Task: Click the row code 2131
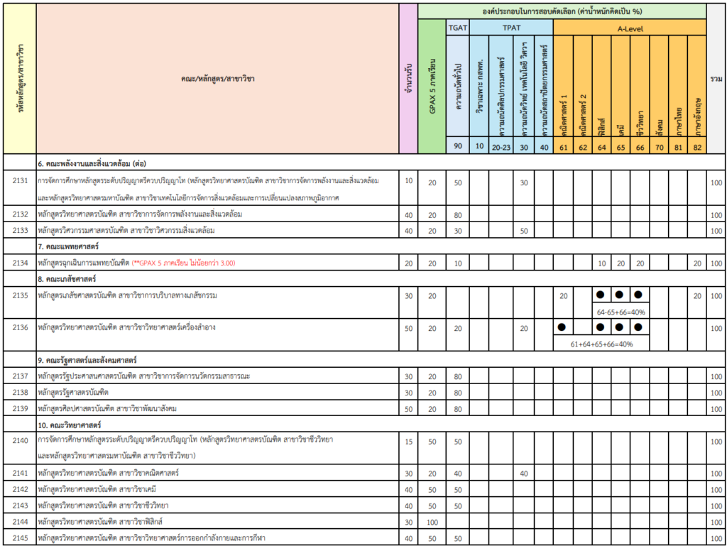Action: tap(20, 181)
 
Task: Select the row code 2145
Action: tap(20, 537)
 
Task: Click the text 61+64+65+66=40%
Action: tap(601, 344)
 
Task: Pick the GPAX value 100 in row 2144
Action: tap(432, 521)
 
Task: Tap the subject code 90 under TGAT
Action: tap(457, 146)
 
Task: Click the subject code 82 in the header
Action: tap(696, 146)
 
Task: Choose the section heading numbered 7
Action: tap(68, 246)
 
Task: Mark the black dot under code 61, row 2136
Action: tap(562, 327)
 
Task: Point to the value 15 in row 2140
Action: tap(408, 441)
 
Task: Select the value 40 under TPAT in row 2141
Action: tap(524, 473)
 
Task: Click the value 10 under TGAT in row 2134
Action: tap(457, 263)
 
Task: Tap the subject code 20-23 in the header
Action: tap(501, 146)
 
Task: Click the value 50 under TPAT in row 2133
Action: tap(524, 231)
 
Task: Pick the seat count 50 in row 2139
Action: tap(408, 408)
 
